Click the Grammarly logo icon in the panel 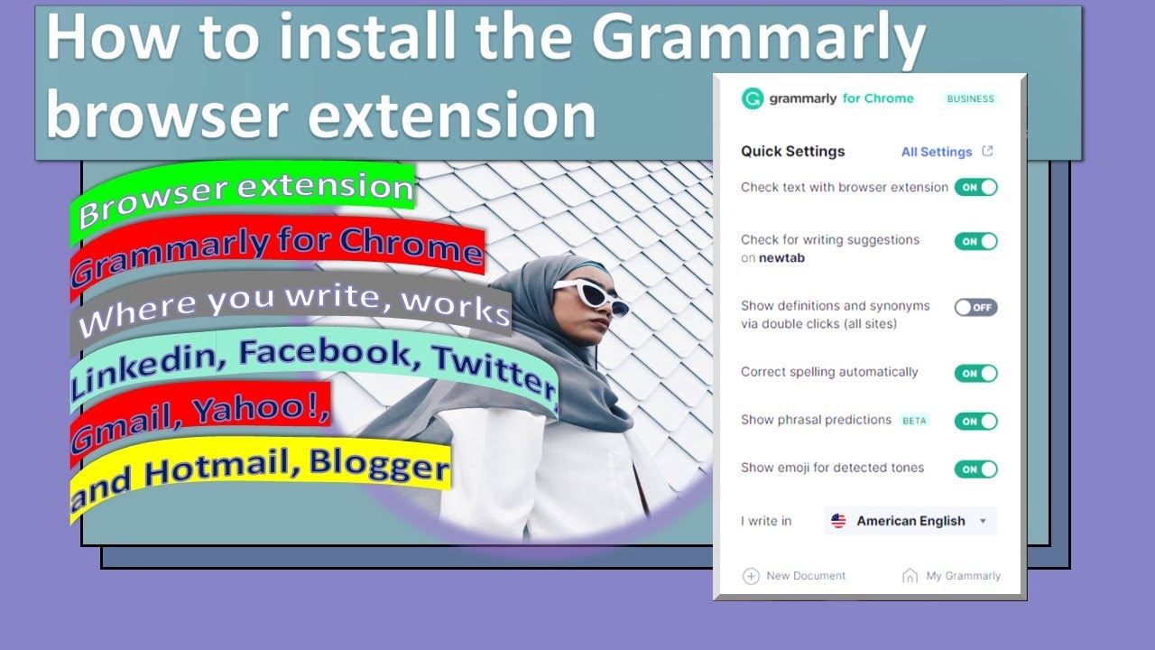point(753,98)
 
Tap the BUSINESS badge point(970,99)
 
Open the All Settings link point(937,152)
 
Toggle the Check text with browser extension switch point(975,187)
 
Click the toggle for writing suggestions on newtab point(975,241)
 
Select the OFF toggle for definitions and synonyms point(975,307)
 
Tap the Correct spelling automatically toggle point(975,373)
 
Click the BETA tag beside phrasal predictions point(914,421)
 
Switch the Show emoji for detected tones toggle point(975,469)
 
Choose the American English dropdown point(910,521)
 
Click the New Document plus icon point(751,576)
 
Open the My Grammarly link point(963,576)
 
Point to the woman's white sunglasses point(591,295)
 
